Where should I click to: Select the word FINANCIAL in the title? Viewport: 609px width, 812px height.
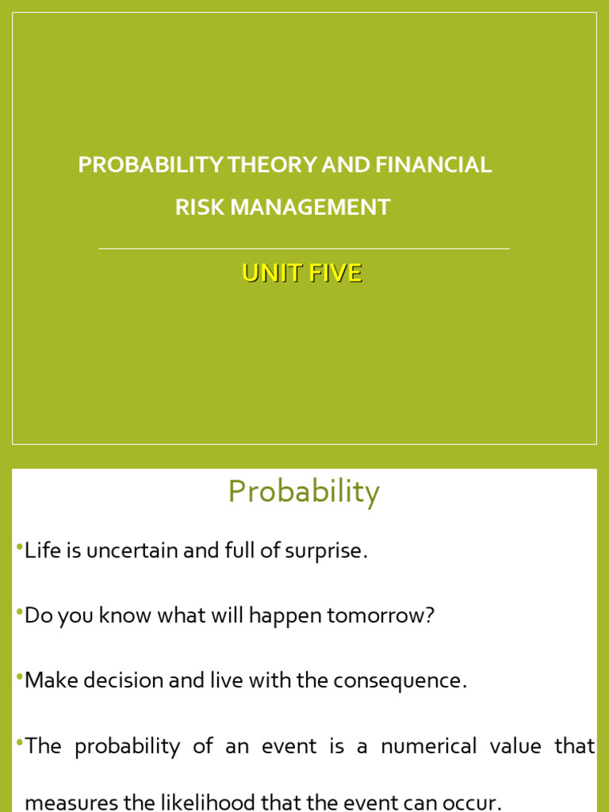click(x=434, y=165)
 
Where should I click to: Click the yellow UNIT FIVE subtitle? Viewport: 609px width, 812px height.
click(x=302, y=273)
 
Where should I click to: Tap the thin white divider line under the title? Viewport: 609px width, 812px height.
click(x=304, y=249)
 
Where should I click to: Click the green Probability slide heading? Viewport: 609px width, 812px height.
click(x=304, y=492)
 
